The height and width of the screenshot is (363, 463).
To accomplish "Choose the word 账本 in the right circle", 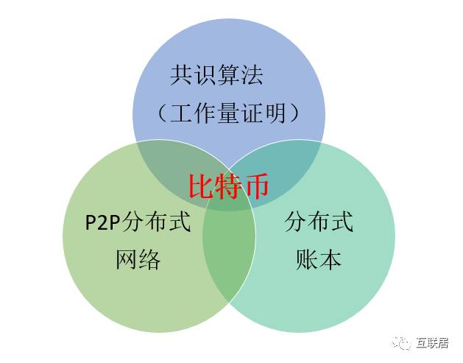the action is [318, 258].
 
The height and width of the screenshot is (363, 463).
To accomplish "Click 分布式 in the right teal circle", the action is [319, 221].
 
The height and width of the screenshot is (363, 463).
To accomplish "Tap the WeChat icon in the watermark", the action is [402, 342].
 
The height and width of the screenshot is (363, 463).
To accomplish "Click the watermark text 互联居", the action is [432, 342].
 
